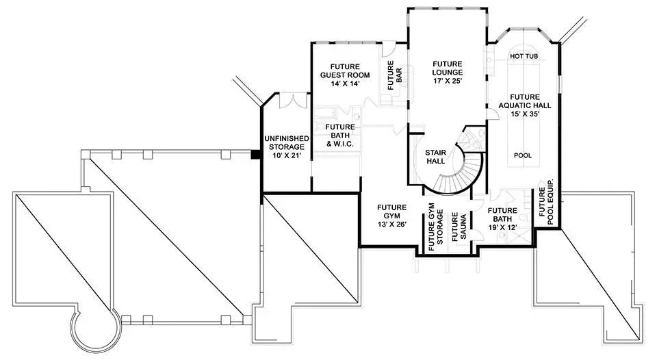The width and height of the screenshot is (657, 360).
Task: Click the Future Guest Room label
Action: (345, 75)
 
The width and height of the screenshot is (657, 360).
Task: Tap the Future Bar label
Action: (395, 75)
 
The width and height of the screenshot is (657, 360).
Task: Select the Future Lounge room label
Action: (448, 72)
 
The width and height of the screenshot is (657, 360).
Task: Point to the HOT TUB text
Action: (524, 56)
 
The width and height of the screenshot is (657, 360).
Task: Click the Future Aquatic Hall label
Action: (525, 105)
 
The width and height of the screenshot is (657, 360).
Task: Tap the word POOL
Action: (522, 155)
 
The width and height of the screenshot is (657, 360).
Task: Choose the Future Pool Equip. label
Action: (546, 202)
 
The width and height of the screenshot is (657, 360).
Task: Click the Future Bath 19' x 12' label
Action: (502, 219)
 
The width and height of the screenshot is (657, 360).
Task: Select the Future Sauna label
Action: (459, 227)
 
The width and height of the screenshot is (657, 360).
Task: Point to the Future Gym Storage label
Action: (435, 227)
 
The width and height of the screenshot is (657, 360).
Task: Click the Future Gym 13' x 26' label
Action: (391, 216)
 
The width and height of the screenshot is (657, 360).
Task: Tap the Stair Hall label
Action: (435, 157)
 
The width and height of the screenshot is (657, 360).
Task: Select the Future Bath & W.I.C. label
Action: (340, 136)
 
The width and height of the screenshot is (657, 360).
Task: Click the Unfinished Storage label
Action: (287, 146)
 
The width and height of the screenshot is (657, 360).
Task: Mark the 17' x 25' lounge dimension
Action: (448, 81)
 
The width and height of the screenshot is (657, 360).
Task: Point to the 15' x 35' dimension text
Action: (525, 114)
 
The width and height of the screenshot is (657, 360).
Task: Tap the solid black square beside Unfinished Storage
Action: (255, 154)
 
